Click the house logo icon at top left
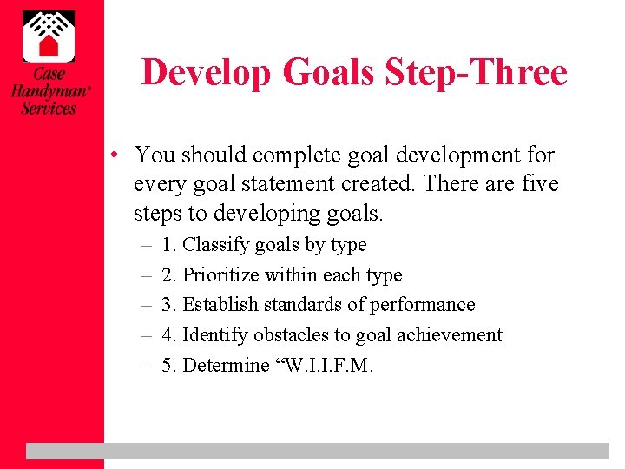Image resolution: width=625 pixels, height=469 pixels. tap(49, 36)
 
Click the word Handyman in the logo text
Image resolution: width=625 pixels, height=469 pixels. tap(48, 90)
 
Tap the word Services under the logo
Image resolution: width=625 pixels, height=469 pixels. tap(49, 109)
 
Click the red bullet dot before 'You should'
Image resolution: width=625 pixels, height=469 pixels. tap(115, 156)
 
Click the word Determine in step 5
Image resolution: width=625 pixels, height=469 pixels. tap(226, 365)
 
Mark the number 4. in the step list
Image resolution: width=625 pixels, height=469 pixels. tap(169, 335)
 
